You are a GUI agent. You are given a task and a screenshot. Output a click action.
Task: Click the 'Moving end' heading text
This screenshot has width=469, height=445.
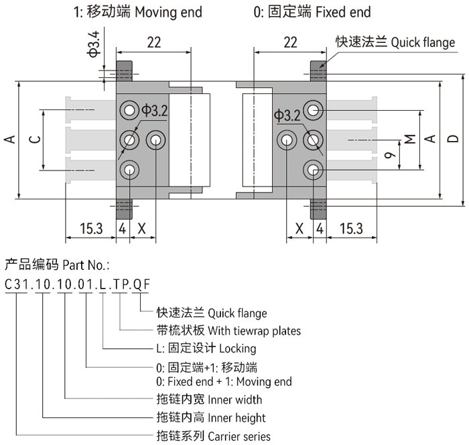tap(166, 12)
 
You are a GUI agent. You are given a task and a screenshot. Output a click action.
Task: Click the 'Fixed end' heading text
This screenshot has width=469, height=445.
tap(342, 12)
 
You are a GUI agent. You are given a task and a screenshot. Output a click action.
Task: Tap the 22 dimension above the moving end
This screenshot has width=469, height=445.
tap(153, 42)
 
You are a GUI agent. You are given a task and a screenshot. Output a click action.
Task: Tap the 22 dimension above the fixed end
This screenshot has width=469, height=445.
tap(290, 42)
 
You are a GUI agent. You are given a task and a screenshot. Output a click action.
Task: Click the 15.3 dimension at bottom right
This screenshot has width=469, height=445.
tap(350, 228)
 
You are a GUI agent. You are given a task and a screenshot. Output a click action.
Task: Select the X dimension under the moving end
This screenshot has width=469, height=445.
tap(141, 228)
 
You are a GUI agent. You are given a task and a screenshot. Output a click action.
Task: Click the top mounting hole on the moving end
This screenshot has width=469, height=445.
tap(127, 110)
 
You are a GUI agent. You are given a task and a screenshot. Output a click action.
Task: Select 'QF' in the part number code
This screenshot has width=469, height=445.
tap(141, 283)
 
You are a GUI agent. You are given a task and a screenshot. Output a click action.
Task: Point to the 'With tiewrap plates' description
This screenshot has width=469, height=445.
tap(254, 330)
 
